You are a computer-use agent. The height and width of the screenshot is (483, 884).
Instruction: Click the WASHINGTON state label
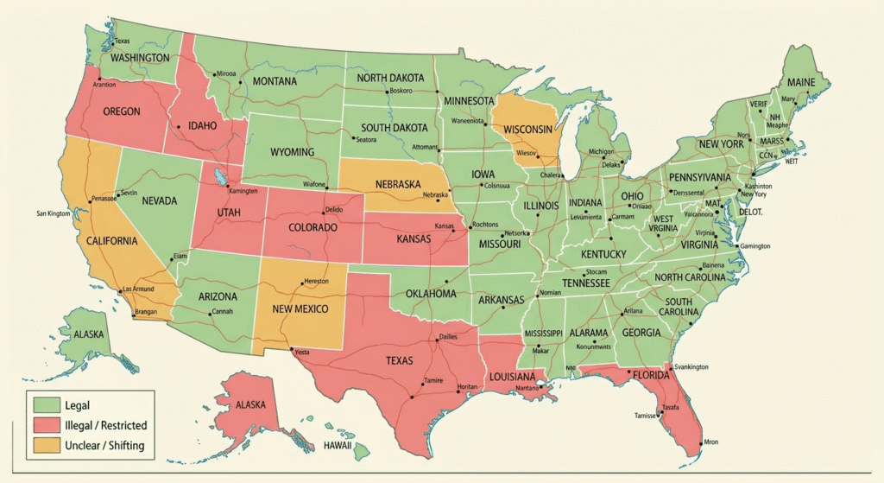tap(140, 57)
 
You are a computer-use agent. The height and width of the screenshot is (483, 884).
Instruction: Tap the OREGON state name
tap(122, 111)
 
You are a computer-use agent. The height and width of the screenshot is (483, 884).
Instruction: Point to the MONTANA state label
tap(275, 81)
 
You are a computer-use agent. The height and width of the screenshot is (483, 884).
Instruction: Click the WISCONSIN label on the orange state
tap(527, 129)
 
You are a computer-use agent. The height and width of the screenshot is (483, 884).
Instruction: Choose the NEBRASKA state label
tap(397, 184)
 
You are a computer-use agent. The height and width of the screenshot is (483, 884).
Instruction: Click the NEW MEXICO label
tap(300, 308)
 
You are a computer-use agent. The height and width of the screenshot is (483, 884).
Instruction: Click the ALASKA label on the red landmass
tap(245, 404)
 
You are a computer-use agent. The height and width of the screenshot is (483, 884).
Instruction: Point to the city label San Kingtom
tap(54, 213)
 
